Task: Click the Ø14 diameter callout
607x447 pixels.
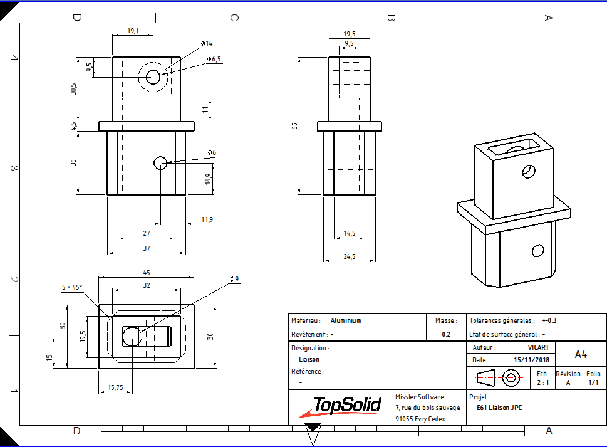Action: click(207, 43)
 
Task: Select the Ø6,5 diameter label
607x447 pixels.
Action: click(214, 59)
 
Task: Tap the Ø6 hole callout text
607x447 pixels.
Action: click(212, 152)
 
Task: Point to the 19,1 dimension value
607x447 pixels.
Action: click(133, 31)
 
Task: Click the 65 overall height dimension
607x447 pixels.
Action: click(294, 126)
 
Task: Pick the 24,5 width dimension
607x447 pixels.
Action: click(349, 256)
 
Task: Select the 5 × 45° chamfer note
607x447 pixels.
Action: click(71, 287)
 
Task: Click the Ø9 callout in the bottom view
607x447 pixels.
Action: click(234, 279)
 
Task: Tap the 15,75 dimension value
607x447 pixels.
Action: click(115, 387)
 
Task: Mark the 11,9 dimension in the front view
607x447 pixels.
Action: click(207, 219)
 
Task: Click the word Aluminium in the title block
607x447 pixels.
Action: click(346, 320)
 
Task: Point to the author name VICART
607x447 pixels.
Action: click(539, 347)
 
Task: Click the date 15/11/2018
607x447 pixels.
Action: click(531, 360)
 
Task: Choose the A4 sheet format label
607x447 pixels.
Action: click(581, 354)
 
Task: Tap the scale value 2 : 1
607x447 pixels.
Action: click(542, 382)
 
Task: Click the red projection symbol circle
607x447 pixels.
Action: click(511, 377)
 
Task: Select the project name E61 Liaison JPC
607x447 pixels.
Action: click(499, 408)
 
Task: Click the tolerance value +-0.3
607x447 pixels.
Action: click(549, 320)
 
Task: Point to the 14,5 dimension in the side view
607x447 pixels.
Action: click(349, 233)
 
